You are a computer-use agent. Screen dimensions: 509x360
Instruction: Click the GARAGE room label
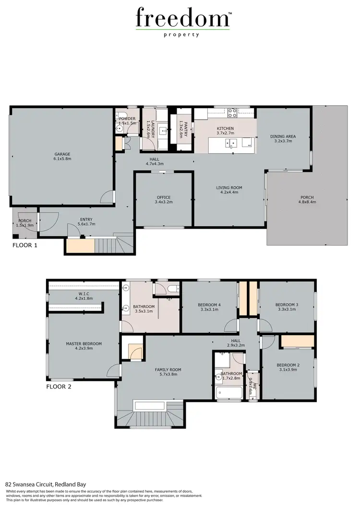click(x=61, y=155)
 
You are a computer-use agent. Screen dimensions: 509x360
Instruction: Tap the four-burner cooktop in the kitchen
click(x=232, y=113)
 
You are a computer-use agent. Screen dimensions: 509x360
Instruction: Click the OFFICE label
click(x=164, y=197)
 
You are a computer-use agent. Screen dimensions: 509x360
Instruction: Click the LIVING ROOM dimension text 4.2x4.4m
click(x=229, y=192)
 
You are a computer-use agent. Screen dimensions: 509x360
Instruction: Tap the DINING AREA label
click(x=283, y=136)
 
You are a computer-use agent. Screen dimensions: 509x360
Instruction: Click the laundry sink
click(x=163, y=130)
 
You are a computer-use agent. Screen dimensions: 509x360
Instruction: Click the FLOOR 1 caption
click(x=25, y=245)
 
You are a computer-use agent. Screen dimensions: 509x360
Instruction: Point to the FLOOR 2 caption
click(x=59, y=386)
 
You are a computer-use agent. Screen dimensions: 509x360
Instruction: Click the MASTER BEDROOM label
click(x=84, y=344)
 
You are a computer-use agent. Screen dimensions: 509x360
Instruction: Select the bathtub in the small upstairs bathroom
click(x=228, y=393)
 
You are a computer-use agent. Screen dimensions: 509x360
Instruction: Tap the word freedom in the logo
click(x=182, y=19)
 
